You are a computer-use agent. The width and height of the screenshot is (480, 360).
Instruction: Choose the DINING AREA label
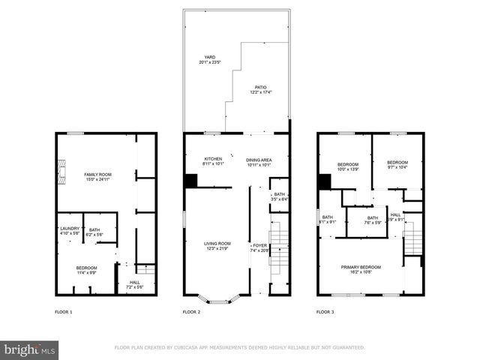[x=259, y=160]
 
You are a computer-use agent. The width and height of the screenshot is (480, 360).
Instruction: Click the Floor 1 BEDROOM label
[x=86, y=269]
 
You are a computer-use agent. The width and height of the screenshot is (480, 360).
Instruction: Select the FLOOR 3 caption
[x=325, y=311]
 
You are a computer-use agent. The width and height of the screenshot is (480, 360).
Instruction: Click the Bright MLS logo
[x=29, y=349]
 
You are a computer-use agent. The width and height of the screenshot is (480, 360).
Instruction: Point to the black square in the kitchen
[x=191, y=181]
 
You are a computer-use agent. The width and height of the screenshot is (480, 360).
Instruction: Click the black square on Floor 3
[x=324, y=181]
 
